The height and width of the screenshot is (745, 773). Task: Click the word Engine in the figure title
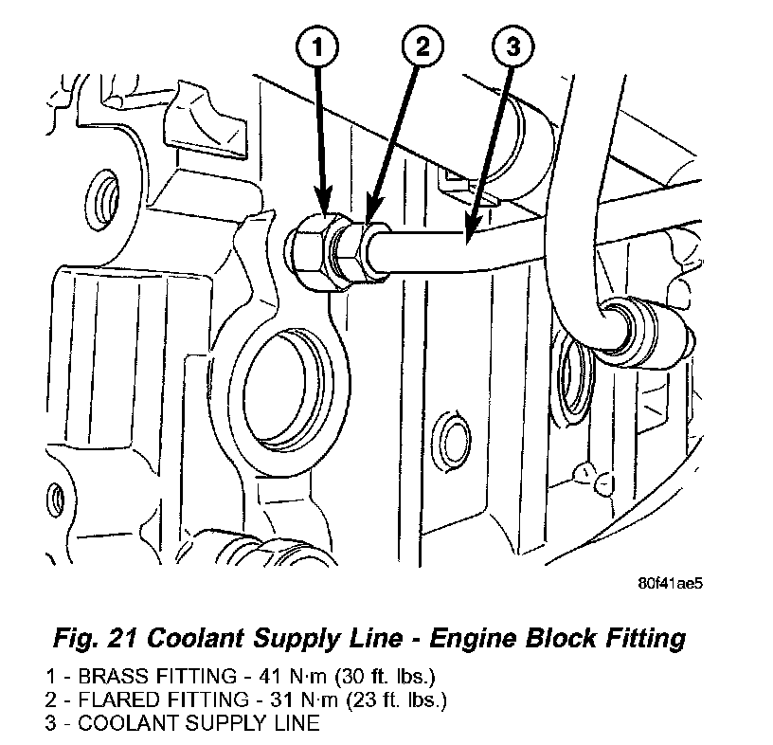pyautogui.click(x=474, y=639)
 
